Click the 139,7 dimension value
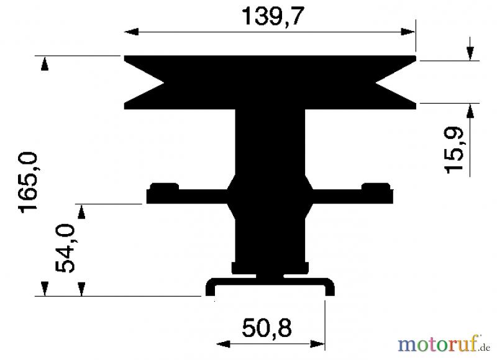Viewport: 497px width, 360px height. tap(273, 16)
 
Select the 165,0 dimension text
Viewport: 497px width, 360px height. tap(28, 182)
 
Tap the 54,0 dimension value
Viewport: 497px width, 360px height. tap(65, 248)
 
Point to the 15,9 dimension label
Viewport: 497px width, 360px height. tap(454, 150)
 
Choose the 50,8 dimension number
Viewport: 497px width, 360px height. tap(267, 328)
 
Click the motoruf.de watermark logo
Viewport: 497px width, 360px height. tap(444, 344)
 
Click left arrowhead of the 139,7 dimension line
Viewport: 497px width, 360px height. tap(131, 32)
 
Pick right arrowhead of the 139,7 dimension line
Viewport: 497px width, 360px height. tap(408, 32)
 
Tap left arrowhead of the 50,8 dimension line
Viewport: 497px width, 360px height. tap(223, 344)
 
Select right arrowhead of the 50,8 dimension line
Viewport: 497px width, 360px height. tap(317, 344)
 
